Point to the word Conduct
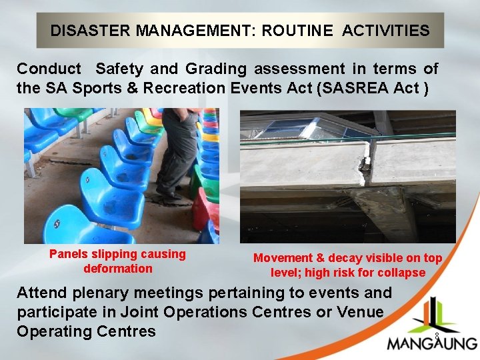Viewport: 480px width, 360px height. tap(49, 69)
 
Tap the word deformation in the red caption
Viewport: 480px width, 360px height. tap(118, 269)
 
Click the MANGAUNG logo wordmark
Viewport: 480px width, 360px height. tap(432, 344)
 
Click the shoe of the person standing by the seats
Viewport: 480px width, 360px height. tap(171, 195)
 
